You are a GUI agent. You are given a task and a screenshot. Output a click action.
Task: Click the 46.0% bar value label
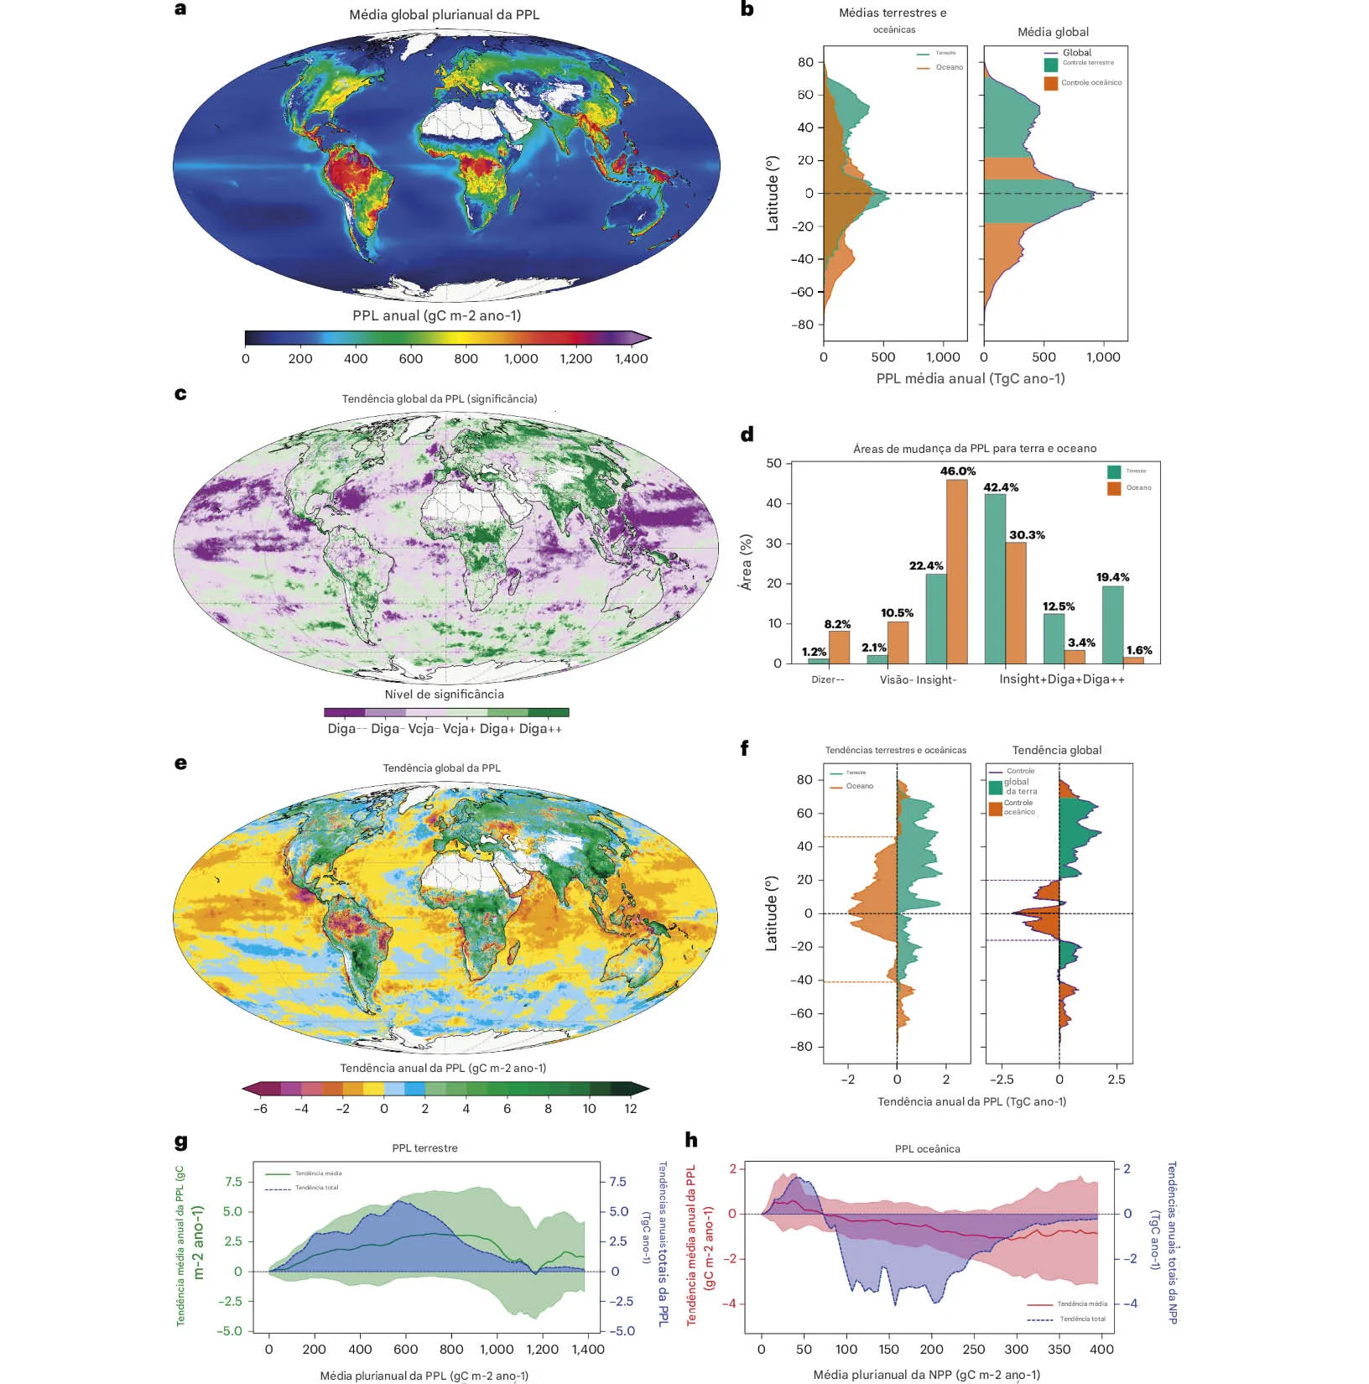coord(957,471)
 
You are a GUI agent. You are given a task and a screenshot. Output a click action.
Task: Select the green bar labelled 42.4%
coord(994,579)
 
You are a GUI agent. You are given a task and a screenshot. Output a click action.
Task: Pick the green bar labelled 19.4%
coord(1112,624)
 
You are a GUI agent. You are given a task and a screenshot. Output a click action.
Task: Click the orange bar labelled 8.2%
coord(839,647)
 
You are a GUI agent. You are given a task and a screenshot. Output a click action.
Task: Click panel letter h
coord(691,1139)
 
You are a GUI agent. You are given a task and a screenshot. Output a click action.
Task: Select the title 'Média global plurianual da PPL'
coord(445,15)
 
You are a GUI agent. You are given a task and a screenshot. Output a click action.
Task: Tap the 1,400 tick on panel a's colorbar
coord(631,359)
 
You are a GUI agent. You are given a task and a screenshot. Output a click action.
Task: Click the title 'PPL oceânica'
coord(927,1149)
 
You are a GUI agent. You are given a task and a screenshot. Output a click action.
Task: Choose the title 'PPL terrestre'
coord(424,1148)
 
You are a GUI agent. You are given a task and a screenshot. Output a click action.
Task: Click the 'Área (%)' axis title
coord(746,562)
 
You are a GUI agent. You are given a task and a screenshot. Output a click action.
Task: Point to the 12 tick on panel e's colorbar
coord(630,1109)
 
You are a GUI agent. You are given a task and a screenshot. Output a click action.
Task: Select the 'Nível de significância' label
coord(445,695)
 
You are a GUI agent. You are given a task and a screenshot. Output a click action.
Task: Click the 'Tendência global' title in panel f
coord(1056,751)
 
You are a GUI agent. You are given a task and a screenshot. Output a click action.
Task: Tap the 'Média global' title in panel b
coord(1053,32)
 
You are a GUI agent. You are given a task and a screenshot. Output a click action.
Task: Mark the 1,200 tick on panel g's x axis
coord(542,1350)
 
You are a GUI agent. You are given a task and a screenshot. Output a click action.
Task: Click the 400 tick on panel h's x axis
coord(1101,1350)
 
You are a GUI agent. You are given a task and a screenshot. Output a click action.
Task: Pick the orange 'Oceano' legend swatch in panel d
coord(1114,488)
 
